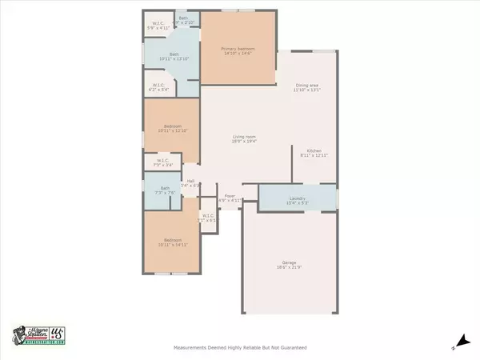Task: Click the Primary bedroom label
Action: (238, 49)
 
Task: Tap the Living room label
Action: (238, 137)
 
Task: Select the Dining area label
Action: (306, 86)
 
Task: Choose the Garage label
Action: (289, 262)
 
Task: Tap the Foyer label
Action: (230, 195)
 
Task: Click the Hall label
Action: (191, 181)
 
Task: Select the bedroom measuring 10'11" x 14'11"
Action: (172, 240)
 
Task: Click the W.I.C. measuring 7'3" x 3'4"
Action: (162, 161)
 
